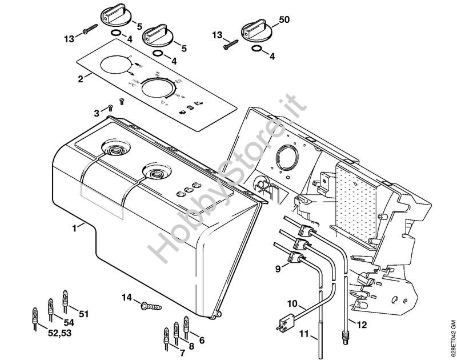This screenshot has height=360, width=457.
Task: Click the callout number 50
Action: coord(284,20)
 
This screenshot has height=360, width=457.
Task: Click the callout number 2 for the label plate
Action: coord(81,78)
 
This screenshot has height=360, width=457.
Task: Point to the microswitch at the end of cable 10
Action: coord(283,326)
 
